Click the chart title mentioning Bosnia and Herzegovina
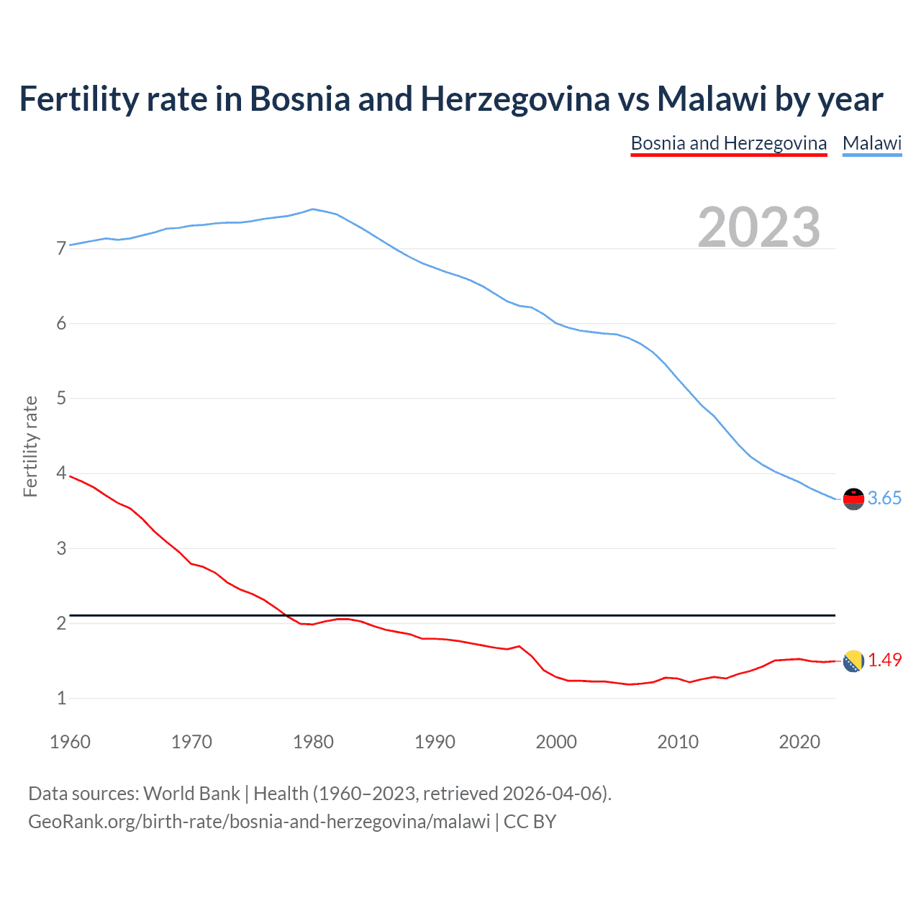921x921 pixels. pos(451,99)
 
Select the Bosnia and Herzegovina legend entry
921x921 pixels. pos(728,143)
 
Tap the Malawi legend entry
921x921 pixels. pos(872,143)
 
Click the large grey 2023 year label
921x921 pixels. pos(759,227)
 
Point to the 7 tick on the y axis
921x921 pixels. pos(61,249)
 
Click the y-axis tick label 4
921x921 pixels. pos(61,473)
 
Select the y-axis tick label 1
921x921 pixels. pos(61,698)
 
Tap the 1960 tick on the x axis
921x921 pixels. pos(70,742)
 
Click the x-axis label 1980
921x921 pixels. pos(313,742)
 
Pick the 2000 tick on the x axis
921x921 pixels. pos(556,742)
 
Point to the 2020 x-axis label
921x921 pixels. pos(799,742)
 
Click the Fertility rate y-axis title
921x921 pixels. pos(30,446)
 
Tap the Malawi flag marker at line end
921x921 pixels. pos(853,499)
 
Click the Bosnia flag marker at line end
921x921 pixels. pos(853,661)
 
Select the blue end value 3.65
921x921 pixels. pos(884,499)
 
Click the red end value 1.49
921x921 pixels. pos(884,661)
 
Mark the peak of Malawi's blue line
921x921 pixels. pos(312,209)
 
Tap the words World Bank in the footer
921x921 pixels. pos(191,794)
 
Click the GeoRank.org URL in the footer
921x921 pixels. pos(259,822)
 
